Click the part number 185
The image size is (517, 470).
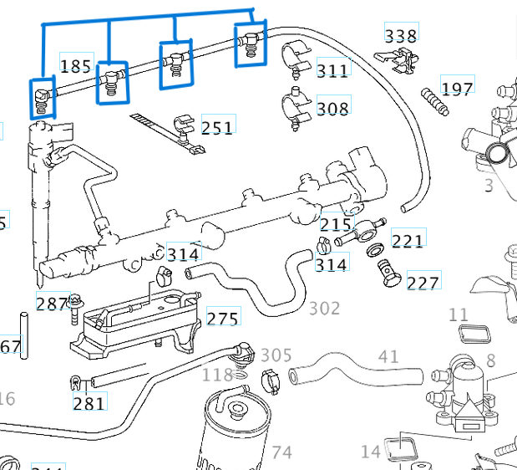[76, 64]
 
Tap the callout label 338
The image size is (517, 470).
[400, 35]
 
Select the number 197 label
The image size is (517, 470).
[457, 89]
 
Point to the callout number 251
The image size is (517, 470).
[217, 127]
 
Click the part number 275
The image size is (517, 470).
[223, 318]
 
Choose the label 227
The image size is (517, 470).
[423, 283]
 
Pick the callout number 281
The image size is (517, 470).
[89, 403]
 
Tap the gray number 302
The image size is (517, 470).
[324, 308]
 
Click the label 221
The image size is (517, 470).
[408, 241]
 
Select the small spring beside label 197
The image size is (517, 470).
[433, 101]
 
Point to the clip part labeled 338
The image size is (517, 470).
[396, 58]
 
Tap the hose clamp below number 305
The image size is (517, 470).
[271, 381]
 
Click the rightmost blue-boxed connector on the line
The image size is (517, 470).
[249, 43]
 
